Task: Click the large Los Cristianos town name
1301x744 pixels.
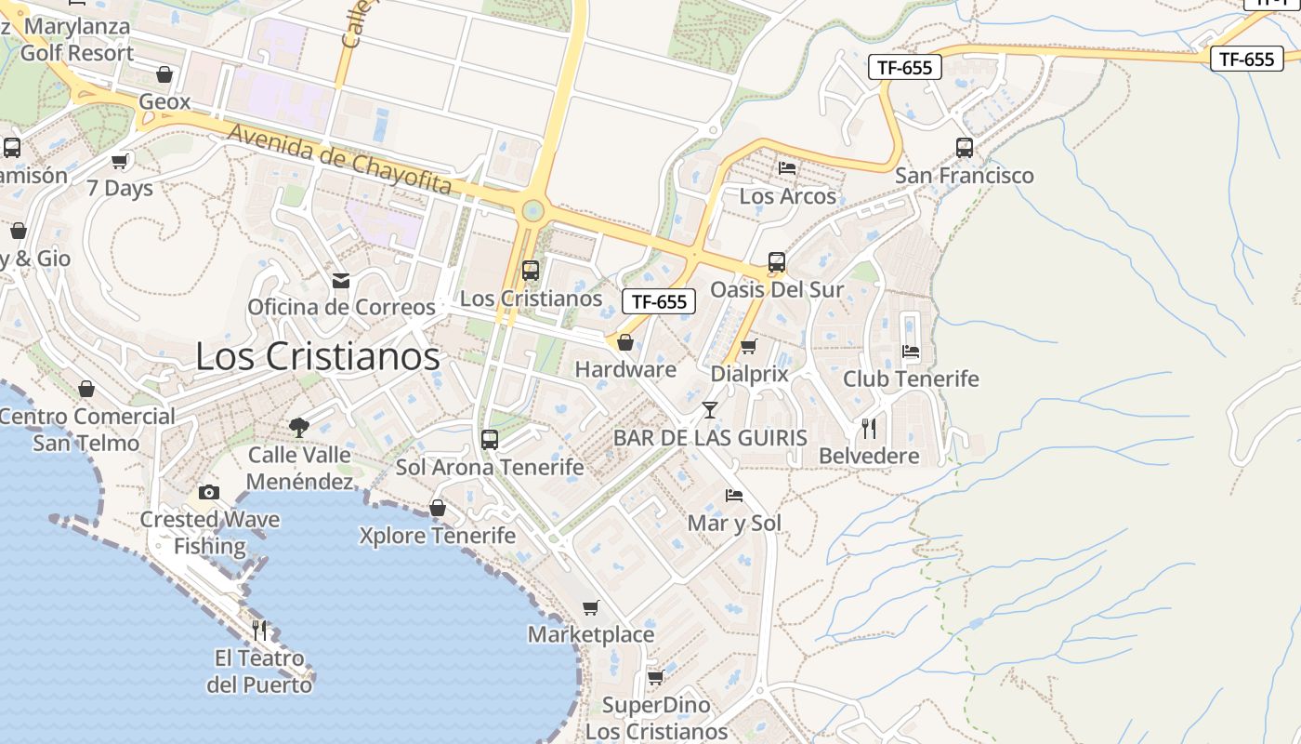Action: [x=318, y=356]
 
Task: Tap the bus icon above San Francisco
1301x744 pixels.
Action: [x=965, y=147]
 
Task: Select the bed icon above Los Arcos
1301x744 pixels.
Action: [x=788, y=168]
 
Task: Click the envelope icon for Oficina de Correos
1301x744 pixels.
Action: [x=341, y=280]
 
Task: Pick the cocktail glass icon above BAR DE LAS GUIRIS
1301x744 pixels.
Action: [x=710, y=410]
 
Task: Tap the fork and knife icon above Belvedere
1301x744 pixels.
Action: [x=869, y=429]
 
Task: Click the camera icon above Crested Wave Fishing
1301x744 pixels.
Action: [x=209, y=492]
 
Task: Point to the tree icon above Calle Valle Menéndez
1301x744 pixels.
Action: [x=299, y=428]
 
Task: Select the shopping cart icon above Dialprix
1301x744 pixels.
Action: [x=749, y=347]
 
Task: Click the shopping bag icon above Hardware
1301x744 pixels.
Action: [x=625, y=342]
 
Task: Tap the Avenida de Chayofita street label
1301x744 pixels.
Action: [x=340, y=160]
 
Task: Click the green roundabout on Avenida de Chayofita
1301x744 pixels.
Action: [x=532, y=210]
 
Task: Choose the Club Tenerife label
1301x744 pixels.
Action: [x=911, y=379]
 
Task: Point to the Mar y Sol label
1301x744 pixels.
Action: [x=734, y=523]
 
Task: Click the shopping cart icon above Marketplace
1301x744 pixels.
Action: [x=591, y=608]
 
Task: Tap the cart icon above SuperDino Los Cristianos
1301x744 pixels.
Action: [x=656, y=677]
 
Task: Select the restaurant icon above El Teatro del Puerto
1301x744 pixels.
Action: [x=259, y=631]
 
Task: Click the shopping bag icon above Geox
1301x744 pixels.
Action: [x=164, y=74]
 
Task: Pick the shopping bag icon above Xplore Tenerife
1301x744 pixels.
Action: [x=438, y=508]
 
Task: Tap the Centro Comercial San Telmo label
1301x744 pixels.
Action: [x=86, y=429]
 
